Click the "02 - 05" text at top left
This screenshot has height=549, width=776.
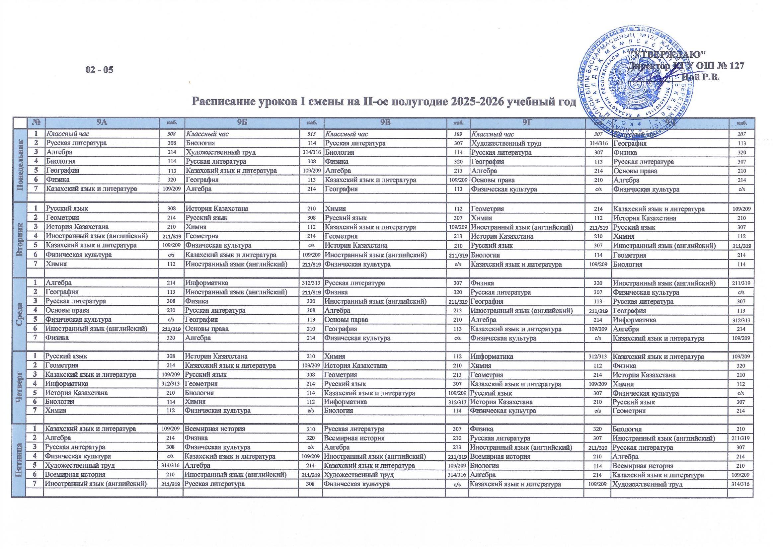100,70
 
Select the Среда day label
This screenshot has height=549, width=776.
20,310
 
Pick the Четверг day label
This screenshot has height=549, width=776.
20,383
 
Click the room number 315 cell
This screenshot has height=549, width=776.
311,134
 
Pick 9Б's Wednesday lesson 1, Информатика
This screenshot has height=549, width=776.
206,282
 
